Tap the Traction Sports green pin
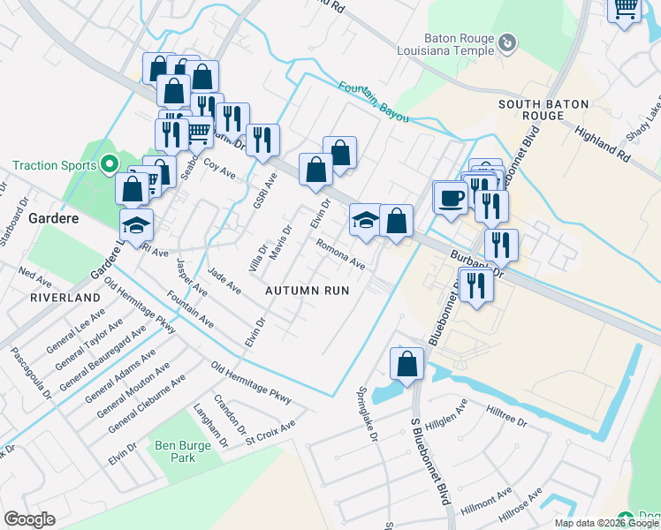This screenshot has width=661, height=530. pos(110,163)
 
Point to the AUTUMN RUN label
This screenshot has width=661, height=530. pos(308,290)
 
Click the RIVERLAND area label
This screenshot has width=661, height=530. pos(65,299)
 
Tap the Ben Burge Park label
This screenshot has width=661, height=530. pos(183,452)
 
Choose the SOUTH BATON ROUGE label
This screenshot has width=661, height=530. pos(543,110)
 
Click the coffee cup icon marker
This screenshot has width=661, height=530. pos(451,196)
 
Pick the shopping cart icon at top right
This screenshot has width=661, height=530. pos(625,9)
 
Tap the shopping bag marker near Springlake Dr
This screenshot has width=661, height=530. pos(406,364)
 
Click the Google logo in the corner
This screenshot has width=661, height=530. pos(29,519)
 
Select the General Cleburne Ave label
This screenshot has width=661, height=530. pos(147,404)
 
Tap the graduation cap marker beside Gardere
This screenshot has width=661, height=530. pos(137,225)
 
